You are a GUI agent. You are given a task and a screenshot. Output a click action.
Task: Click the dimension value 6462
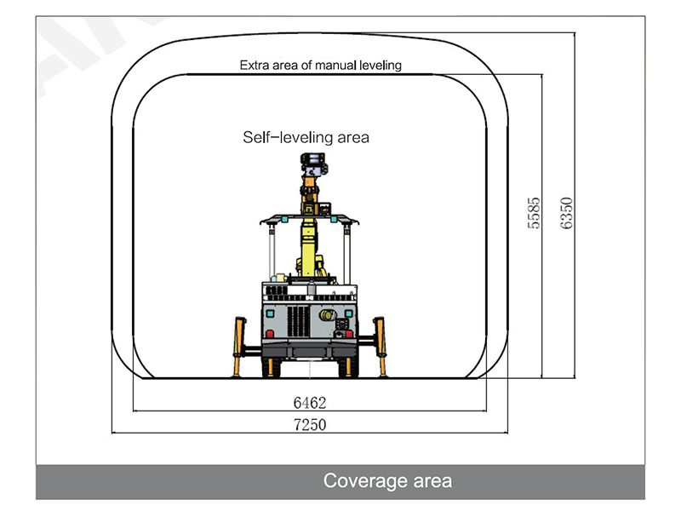310,403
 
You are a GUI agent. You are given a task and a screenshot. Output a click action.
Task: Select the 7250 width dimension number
310,424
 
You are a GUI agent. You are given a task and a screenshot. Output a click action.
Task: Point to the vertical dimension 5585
534,213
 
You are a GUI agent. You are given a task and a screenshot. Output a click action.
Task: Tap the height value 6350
566,213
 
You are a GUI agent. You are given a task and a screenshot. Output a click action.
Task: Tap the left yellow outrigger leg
239,347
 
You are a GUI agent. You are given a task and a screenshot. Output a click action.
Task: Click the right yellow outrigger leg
381,347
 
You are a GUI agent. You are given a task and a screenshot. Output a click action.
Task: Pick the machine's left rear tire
271,367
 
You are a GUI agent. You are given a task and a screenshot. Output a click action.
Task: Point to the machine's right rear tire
348,367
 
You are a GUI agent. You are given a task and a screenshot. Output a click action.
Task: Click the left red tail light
270,334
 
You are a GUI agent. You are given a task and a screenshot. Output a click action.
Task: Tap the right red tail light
349,334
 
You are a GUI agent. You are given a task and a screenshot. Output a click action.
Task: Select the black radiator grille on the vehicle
298,321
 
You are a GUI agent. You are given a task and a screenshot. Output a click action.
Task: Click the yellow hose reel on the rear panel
328,314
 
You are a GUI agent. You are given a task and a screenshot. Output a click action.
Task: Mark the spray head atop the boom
314,164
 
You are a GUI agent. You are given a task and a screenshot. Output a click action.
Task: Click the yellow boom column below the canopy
309,247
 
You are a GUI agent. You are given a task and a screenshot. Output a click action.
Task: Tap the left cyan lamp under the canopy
284,220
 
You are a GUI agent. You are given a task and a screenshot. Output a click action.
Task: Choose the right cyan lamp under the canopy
334,220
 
